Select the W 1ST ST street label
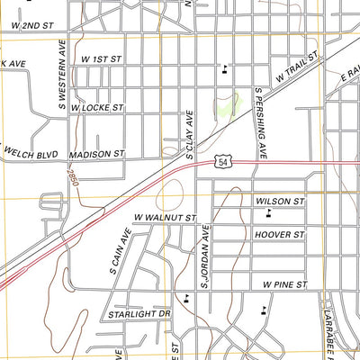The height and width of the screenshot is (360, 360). point(101,58)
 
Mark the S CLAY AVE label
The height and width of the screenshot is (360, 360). point(190,135)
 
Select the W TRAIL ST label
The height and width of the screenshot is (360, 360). point(299,68)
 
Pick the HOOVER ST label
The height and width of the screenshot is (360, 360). point(281,234)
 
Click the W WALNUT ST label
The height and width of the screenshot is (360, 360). point(165,218)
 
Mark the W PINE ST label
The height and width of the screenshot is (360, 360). point(285,283)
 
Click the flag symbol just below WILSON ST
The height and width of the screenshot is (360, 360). point(269,214)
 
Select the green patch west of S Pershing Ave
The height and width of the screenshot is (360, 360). point(226,107)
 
